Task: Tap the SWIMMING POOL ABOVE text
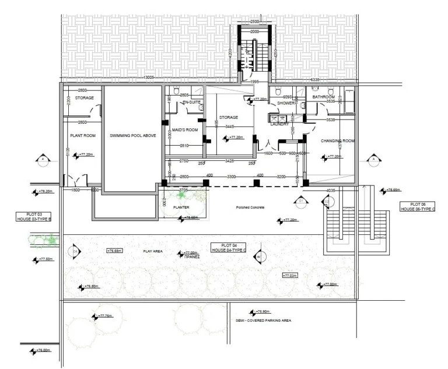coord(132,135)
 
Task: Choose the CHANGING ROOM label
coord(338,141)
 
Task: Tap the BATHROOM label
coord(323,97)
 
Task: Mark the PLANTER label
coord(181,207)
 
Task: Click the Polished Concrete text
coord(250,208)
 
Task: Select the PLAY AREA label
coord(153,251)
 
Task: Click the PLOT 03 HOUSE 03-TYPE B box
coord(34,216)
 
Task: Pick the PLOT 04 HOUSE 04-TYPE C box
coord(228,247)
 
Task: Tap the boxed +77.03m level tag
coord(290,275)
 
